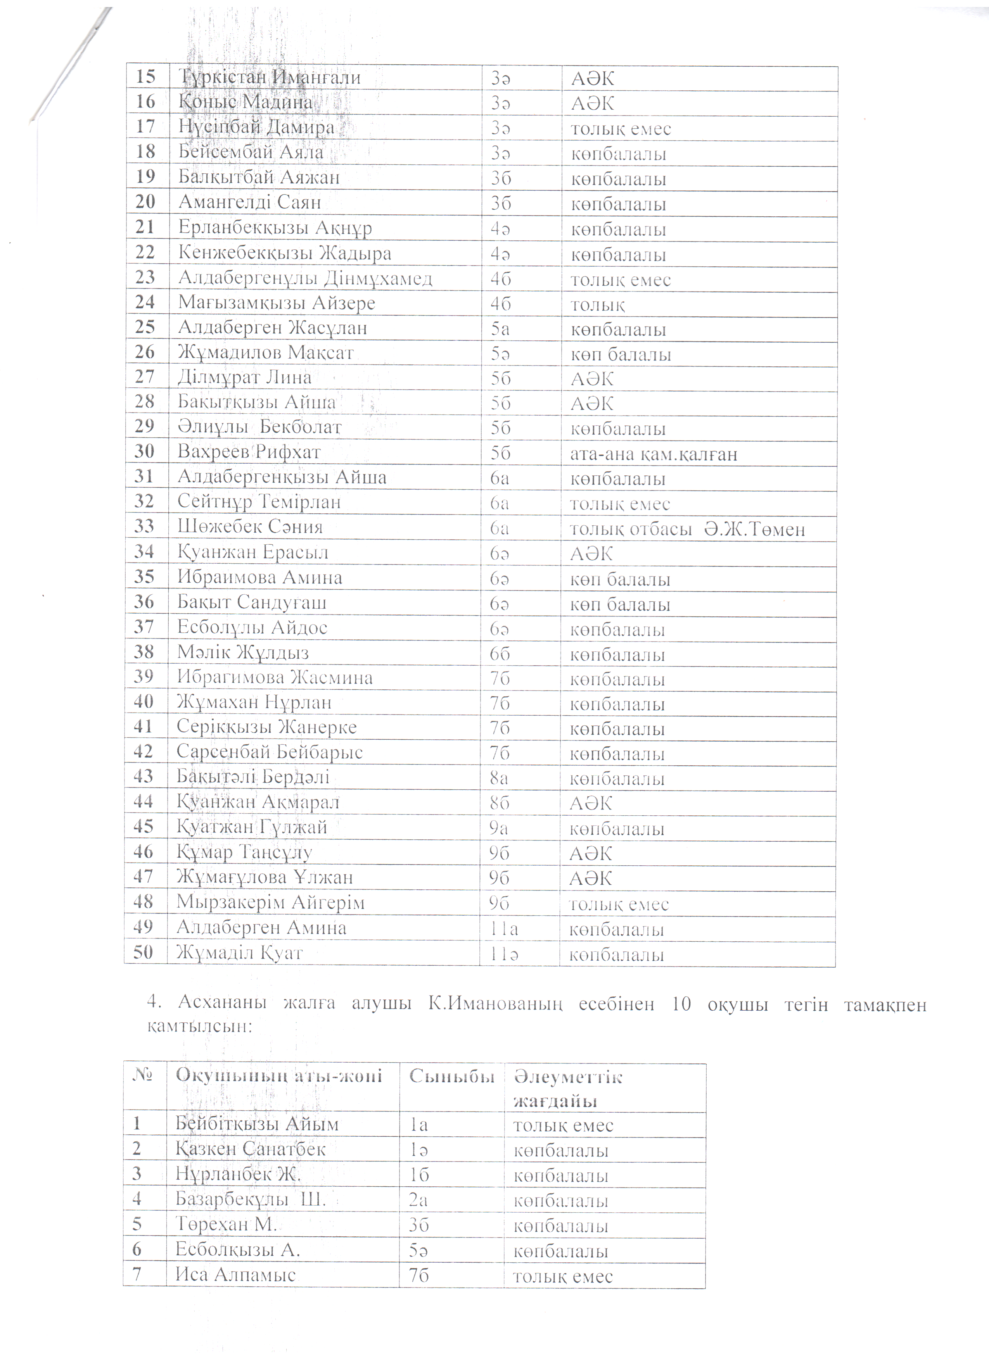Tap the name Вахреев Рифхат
coord(249,452)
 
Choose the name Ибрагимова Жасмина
coord(275,678)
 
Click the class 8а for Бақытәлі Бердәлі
coord(499,778)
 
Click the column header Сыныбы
coord(451,1076)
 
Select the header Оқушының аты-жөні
coord(279,1076)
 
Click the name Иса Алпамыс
coord(236,1275)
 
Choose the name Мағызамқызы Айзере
coord(277,304)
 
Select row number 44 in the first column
coord(144,802)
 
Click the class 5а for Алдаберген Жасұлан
coord(500,329)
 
